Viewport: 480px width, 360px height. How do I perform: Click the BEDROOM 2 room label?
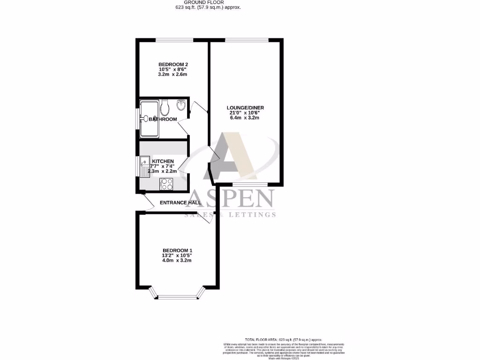[173, 64]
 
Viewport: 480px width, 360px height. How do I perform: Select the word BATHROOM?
[163, 120]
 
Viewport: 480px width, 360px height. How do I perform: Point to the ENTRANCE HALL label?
[180, 203]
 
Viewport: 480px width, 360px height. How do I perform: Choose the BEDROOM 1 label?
[177, 250]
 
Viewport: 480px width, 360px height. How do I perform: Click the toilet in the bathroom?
[164, 109]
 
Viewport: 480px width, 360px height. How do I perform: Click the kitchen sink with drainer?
[144, 165]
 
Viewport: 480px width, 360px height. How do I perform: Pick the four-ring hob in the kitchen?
[166, 183]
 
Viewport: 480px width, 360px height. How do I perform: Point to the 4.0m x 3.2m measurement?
[177, 261]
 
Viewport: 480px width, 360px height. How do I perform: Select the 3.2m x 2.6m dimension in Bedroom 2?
[173, 75]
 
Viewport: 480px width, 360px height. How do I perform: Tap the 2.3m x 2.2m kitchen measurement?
[163, 172]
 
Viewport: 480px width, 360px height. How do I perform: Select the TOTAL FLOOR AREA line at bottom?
[284, 339]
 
